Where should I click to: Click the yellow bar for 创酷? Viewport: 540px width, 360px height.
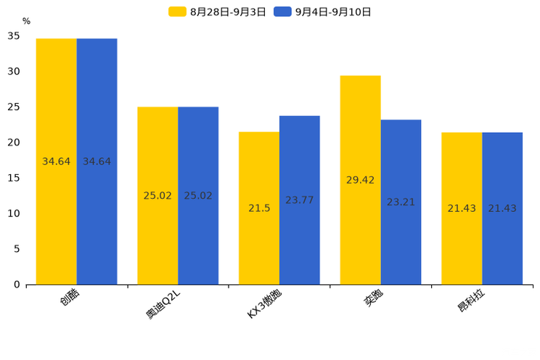coord(57,161)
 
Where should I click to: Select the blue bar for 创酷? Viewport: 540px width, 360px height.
coord(97,161)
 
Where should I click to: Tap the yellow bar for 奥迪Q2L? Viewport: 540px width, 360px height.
coord(157,195)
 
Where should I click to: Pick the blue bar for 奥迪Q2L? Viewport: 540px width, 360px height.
coord(198,195)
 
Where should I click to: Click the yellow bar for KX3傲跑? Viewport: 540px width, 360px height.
coord(259,208)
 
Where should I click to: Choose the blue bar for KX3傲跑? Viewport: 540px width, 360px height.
coord(300,200)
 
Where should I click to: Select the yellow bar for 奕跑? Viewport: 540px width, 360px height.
coord(361,180)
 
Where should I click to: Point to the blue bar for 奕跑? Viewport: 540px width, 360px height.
coord(401,202)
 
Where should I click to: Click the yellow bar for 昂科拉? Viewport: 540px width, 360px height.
coord(462,208)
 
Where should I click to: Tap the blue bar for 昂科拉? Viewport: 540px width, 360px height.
coord(502,208)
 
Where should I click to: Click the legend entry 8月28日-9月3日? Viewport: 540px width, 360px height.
coord(218,12)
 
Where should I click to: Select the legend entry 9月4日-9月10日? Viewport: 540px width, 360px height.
coord(323,12)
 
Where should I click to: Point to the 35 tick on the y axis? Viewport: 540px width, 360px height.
coord(14,36)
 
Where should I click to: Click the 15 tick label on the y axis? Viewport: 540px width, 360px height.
coord(14,178)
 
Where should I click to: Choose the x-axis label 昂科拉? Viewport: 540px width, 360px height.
coord(471,299)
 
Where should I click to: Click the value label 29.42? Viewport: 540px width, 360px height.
coord(361,180)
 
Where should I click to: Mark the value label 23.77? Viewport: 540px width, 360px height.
coord(300,200)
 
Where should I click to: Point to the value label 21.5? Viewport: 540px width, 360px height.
coord(259,208)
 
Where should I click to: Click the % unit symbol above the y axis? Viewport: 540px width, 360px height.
coord(26,22)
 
